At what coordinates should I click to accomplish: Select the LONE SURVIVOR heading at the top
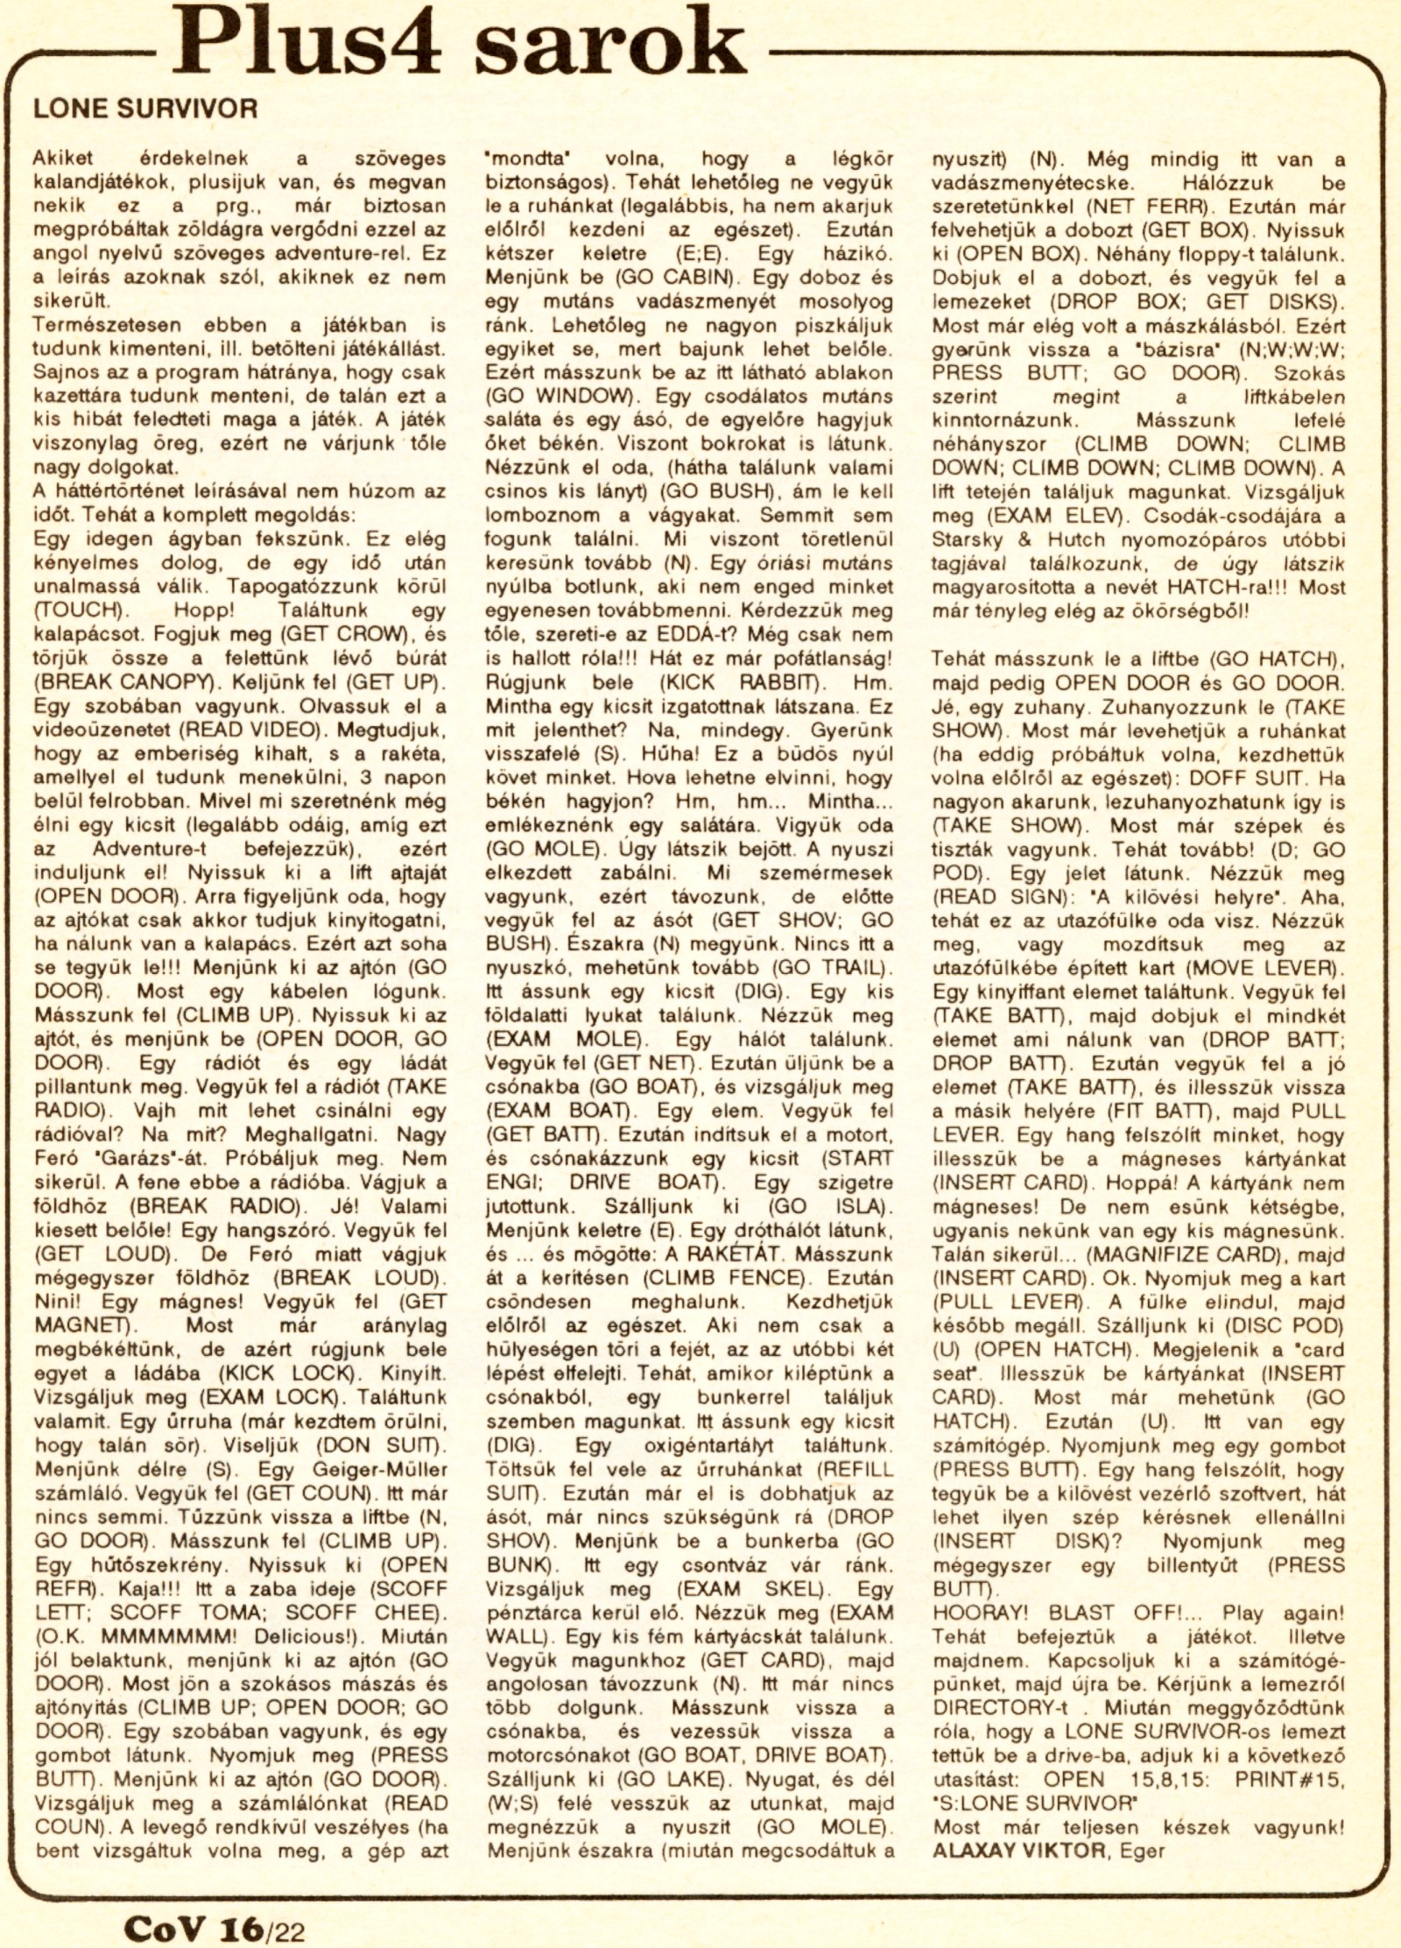click(145, 109)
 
